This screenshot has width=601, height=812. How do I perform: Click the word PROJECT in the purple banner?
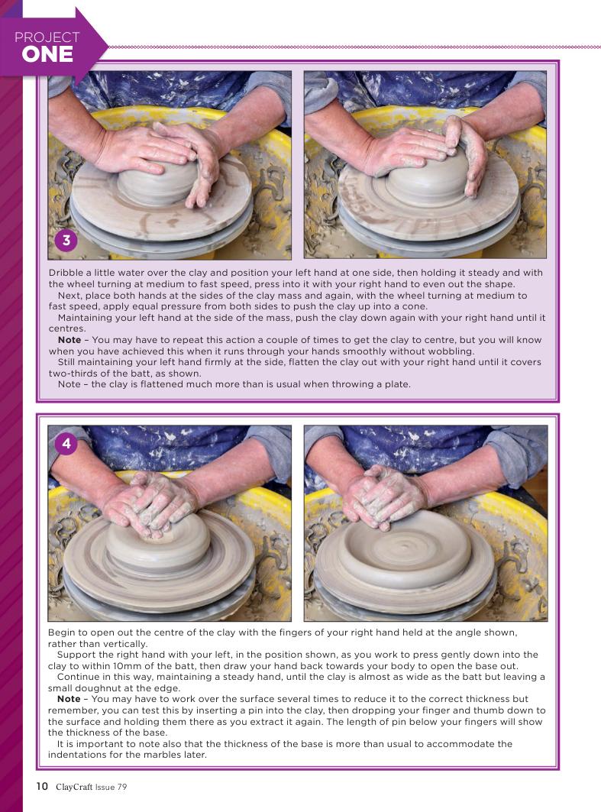pyautogui.click(x=47, y=37)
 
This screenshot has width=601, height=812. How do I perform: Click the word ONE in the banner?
pyautogui.click(x=47, y=54)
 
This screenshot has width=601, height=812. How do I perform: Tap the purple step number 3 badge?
pyautogui.click(x=66, y=241)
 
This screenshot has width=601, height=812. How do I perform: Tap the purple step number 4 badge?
pyautogui.click(x=66, y=444)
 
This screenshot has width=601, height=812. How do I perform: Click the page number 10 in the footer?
pyautogui.click(x=42, y=786)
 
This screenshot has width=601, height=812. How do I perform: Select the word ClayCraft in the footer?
pyautogui.click(x=74, y=787)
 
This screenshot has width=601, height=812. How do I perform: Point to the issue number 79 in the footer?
pyautogui.click(x=121, y=787)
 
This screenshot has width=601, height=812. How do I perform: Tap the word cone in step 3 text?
pyautogui.click(x=416, y=306)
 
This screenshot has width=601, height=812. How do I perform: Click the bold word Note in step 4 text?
pyautogui.click(x=69, y=699)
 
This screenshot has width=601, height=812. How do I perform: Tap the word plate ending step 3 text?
pyautogui.click(x=398, y=384)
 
